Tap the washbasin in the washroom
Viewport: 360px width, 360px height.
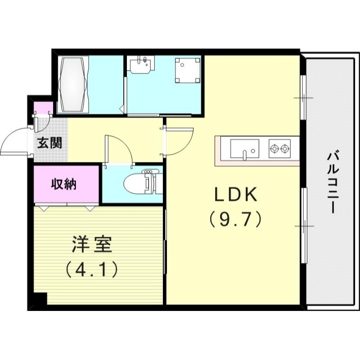click(141, 66)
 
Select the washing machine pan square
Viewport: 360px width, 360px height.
click(187, 70)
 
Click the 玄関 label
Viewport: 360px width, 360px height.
click(49, 144)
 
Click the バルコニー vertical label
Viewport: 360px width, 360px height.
click(333, 183)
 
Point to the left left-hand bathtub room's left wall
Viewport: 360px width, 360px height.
click(56, 83)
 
